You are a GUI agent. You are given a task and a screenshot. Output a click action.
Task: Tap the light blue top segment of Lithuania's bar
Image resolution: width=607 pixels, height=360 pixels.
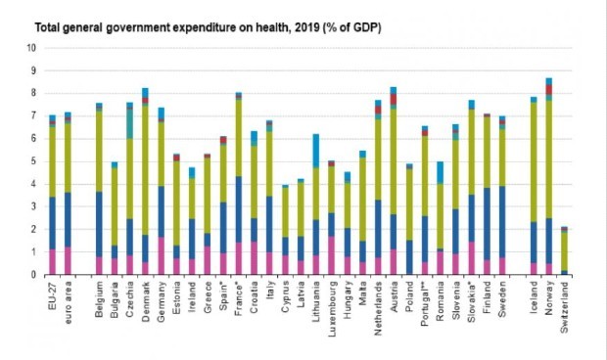coord(315,151)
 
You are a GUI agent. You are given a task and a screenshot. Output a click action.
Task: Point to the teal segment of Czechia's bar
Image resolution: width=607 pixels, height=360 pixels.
coord(129,122)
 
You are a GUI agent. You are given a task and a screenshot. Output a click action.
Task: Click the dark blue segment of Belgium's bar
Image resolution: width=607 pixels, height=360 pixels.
coord(99,224)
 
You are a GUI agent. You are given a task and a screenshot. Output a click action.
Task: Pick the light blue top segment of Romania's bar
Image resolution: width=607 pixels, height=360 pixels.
coord(441,172)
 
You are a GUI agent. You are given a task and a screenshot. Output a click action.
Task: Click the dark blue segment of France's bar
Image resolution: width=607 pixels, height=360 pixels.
coord(238,209)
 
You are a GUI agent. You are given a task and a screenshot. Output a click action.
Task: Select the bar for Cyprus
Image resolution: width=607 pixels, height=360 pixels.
coord(285,229)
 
